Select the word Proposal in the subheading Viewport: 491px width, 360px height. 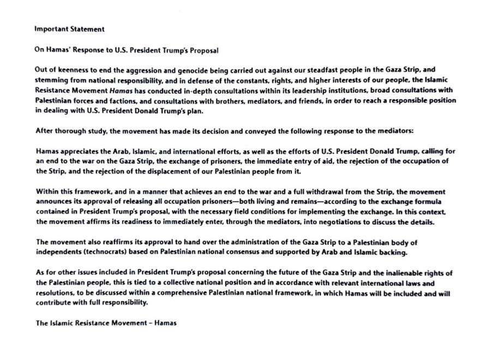pos(203,50)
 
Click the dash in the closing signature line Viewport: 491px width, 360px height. pos(152,323)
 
